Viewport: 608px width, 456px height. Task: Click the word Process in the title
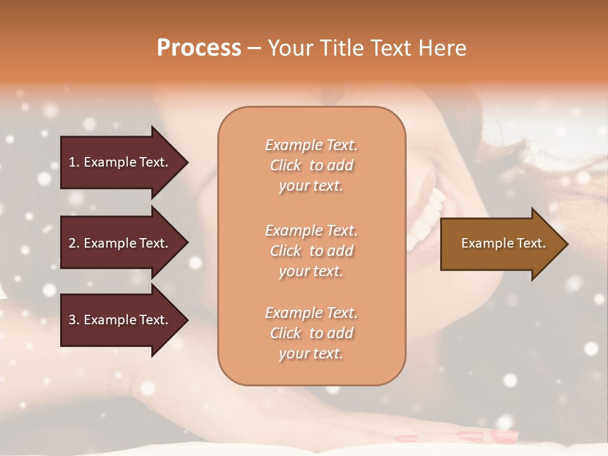coord(199,48)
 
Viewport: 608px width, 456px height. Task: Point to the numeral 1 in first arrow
coord(72,162)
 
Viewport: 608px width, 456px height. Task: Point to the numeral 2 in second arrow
coord(72,243)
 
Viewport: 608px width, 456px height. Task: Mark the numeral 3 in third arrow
coord(72,320)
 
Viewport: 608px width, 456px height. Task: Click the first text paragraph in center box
coord(311,165)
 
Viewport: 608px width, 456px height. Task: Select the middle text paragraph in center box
coord(311,251)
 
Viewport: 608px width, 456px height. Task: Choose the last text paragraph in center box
coord(311,333)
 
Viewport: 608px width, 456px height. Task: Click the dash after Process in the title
coord(254,49)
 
